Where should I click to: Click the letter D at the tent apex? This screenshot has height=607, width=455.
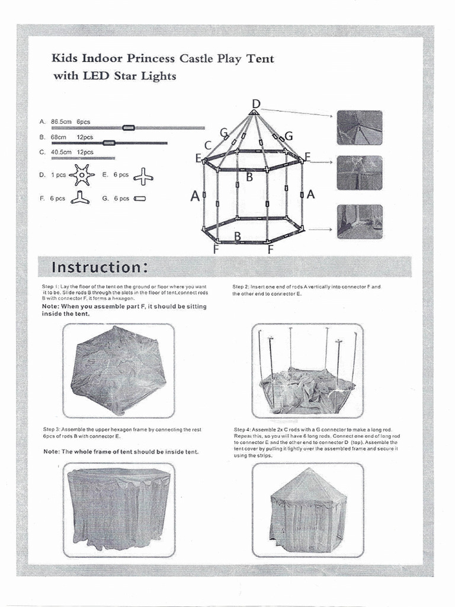click(x=256, y=104)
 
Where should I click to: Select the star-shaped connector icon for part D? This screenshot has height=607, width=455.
click(x=81, y=175)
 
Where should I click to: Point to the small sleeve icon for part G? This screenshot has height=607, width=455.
click(x=140, y=199)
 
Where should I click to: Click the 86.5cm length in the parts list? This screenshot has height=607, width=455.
click(x=61, y=122)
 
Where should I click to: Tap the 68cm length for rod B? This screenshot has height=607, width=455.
click(x=58, y=137)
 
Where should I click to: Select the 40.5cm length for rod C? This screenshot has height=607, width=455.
click(x=61, y=152)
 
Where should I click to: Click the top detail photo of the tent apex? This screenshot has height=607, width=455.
click(x=360, y=127)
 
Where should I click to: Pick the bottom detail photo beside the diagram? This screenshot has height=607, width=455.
click(x=360, y=222)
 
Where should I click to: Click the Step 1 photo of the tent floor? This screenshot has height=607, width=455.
click(x=118, y=370)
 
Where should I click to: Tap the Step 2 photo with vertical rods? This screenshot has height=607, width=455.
click(x=307, y=370)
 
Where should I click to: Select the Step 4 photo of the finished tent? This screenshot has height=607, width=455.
click(x=307, y=510)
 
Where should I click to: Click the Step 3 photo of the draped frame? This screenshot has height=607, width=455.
click(x=118, y=510)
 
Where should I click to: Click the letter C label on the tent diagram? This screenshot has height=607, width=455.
click(x=208, y=145)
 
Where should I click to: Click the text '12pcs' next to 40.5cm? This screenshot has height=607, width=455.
click(x=85, y=152)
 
